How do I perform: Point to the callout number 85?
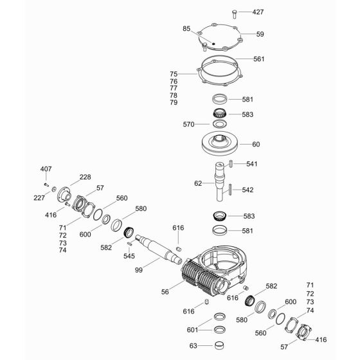click(186, 28)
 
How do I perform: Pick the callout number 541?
click(251, 164)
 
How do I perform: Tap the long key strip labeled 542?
click(230, 190)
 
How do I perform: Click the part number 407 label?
click(46, 169)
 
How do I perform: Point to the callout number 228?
click(85, 177)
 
